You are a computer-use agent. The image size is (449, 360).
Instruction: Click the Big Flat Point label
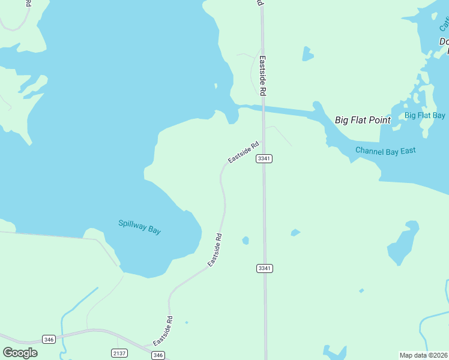tap(363, 120)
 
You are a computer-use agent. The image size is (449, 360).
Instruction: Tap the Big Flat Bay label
tap(424, 115)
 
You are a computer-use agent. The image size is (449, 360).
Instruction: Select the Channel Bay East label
tap(385, 151)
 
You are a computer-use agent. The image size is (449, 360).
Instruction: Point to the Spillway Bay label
tap(139, 227)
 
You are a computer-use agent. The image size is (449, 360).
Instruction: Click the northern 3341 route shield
tap(264, 158)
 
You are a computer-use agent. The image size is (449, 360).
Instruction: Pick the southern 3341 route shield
tap(264, 268)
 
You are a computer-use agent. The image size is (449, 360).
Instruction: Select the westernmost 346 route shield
tap(49, 340)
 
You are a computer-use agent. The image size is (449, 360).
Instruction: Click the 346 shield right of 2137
tap(158, 355)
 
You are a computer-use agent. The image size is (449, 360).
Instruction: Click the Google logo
tap(20, 353)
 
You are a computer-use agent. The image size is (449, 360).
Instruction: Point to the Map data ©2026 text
tap(423, 355)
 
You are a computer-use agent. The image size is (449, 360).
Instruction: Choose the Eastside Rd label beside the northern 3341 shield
tap(243, 152)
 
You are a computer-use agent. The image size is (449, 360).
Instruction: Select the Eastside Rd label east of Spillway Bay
tap(215, 250)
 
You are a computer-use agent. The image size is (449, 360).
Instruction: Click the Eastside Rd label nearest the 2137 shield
tap(163, 330)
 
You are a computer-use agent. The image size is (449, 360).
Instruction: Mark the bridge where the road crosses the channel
tap(263, 109)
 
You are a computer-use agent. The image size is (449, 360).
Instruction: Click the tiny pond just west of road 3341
tap(246, 241)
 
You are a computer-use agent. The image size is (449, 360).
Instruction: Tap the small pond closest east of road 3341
tap(295, 232)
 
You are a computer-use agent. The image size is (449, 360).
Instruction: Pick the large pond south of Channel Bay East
tap(403, 243)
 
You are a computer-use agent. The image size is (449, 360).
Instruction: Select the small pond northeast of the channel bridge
tap(307, 54)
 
